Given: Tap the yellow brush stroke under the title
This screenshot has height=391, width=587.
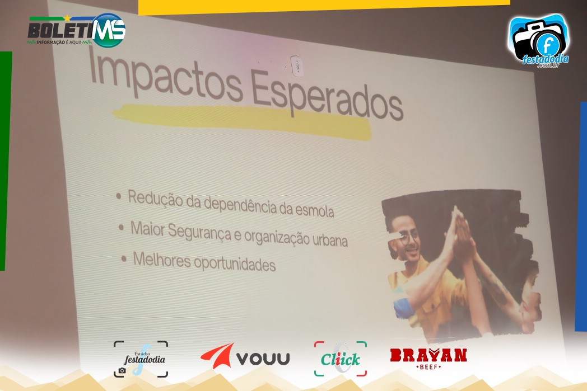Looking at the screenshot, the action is coord(242,121).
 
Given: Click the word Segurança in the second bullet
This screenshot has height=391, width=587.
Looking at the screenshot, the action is coord(199,232).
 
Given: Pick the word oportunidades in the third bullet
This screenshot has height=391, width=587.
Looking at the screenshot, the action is coord(235,263).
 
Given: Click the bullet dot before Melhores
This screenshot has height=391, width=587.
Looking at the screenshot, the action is coord(124,258).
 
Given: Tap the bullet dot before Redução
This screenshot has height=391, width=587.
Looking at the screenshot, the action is coord(119,196).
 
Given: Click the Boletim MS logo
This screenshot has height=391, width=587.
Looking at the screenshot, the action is coord(77,31).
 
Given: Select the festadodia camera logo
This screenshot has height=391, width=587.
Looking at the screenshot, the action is coord(539,41).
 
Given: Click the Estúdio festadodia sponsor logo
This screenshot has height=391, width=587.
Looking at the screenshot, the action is coord(141,359).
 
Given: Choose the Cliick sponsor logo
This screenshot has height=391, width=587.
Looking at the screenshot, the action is coord(341,359).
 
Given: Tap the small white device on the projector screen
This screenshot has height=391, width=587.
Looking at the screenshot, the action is coord(297,66).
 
